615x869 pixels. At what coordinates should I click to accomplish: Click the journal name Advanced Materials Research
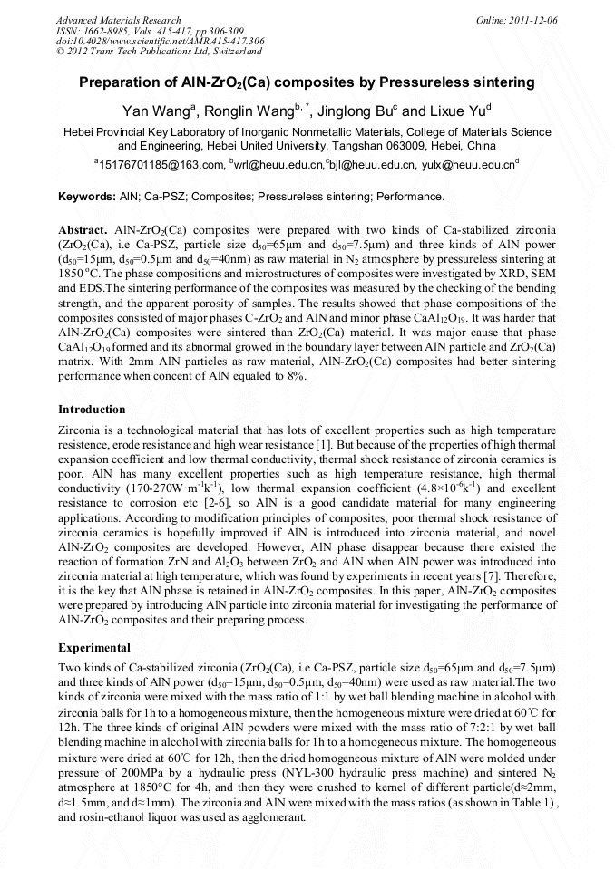[x=118, y=20]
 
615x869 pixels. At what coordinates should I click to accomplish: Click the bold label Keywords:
[x=86, y=196]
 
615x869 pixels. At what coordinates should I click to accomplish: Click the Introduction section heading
[x=92, y=410]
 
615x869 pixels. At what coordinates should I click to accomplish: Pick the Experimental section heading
[x=95, y=648]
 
